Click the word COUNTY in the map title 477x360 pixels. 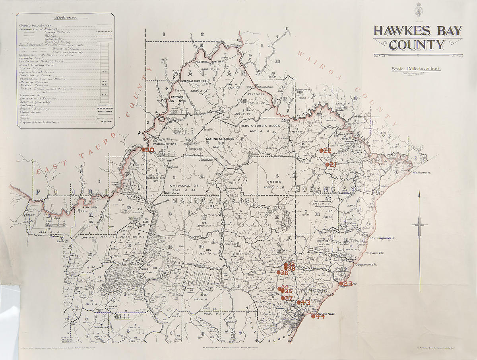[x=417, y=45]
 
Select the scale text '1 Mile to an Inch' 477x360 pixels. [x=416, y=68]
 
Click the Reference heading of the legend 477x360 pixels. [x=66, y=18]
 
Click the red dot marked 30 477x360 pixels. [x=143, y=150]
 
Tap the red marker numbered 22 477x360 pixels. [x=321, y=151]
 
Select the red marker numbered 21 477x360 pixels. [x=327, y=164]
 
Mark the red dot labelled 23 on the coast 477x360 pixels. [x=341, y=284]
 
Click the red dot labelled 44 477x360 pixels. [x=313, y=317]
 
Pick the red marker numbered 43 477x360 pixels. [x=299, y=303]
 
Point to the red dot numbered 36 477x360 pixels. [x=278, y=272]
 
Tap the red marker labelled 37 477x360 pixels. [x=283, y=298]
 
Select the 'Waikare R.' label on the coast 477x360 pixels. [x=422, y=173]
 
